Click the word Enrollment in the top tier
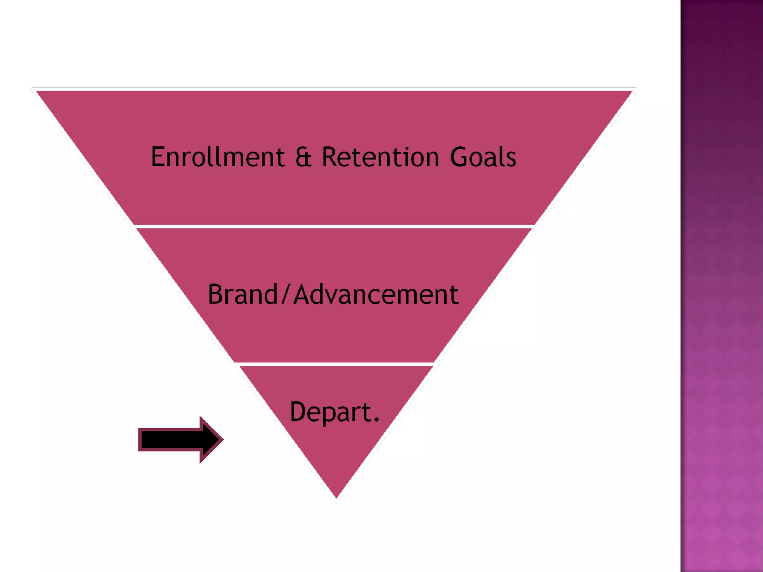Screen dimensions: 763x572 pos(218,157)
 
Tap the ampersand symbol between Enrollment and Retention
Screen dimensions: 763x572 pos(303,157)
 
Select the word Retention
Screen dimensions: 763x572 pos(380,157)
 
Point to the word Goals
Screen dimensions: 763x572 pos(483,157)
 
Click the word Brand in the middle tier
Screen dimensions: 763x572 pos(243,295)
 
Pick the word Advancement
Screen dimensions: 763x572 pos(376,295)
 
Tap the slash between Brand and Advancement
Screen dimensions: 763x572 pos(285,295)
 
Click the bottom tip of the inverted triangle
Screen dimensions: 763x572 pos(336,497)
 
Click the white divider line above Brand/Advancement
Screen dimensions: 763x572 pos(334,226)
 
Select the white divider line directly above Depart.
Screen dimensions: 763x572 pos(335,364)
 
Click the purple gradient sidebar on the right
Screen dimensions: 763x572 pos(721,286)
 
